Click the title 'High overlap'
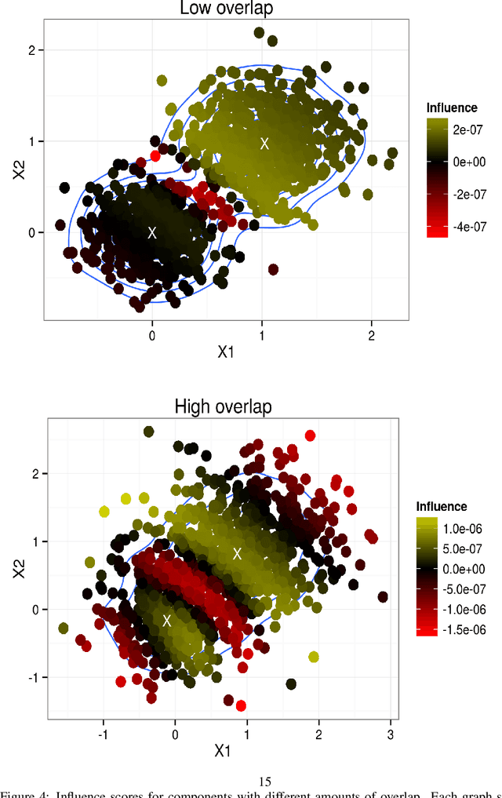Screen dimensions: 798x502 (x=222, y=406)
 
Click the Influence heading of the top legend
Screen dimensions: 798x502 (x=452, y=107)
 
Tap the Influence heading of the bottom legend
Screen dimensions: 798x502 (x=442, y=507)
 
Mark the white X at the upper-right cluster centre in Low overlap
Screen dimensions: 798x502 (x=264, y=143)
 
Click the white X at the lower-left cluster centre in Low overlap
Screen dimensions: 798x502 (x=152, y=232)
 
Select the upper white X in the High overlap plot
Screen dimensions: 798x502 (x=237, y=553)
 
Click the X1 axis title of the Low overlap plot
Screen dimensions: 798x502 (x=225, y=352)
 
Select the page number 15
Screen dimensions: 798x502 (x=264, y=782)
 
